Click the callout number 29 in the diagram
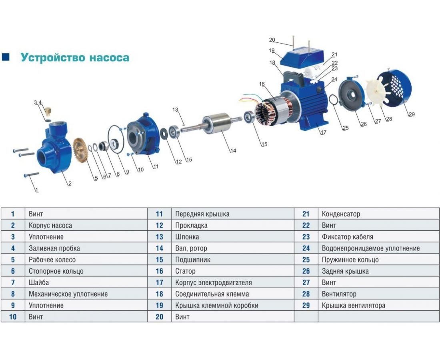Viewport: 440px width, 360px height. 411,114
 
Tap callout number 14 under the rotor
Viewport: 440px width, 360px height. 233,151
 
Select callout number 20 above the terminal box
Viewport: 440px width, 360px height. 272,40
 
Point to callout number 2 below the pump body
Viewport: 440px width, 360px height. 70,184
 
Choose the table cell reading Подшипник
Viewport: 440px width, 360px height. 233,260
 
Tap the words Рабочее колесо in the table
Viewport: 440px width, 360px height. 52,260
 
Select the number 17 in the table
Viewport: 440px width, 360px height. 159,282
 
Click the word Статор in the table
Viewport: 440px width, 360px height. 185,271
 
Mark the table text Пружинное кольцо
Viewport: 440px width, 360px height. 350,260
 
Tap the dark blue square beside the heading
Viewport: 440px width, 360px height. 6,57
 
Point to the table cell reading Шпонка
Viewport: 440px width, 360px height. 233,237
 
